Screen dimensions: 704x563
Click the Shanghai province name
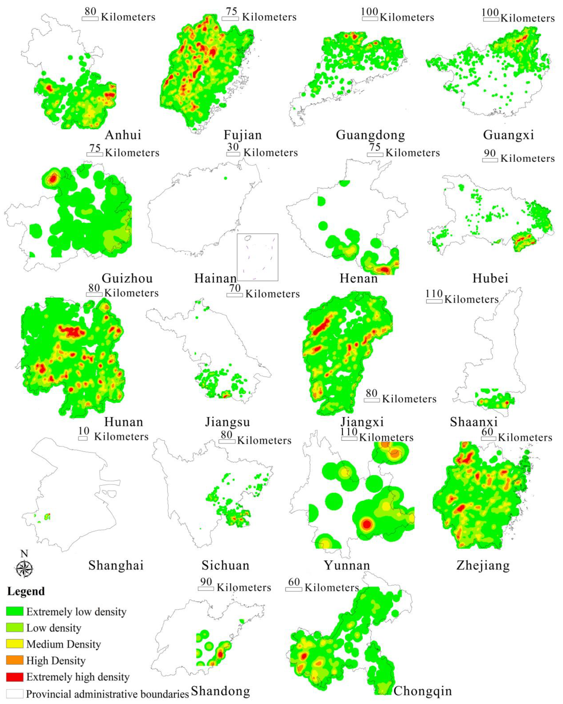pos(116,565)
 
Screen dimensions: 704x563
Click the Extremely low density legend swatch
pos(15,611)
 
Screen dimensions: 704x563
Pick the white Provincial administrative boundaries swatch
pos(15,694)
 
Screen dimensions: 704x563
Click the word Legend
pos(26,591)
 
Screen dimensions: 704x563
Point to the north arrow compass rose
pos(24,568)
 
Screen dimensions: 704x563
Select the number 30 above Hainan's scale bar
pos(233,147)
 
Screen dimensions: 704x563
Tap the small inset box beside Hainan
pos(258,257)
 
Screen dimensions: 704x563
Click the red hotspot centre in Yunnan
pos(367,525)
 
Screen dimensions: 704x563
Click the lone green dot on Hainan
pos(225,178)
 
